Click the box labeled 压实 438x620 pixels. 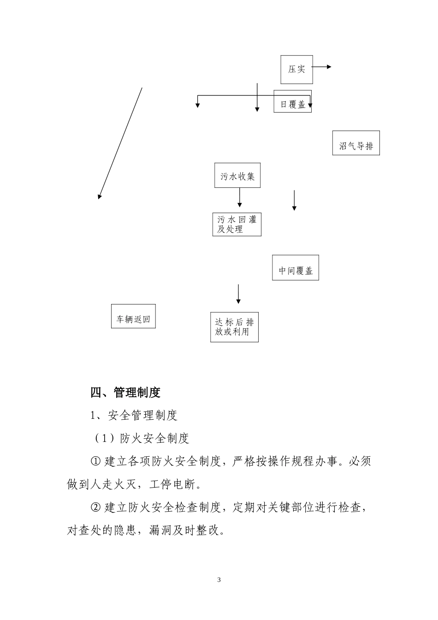(x=297, y=69)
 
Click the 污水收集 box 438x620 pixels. (x=237, y=175)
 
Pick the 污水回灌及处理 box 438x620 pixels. (x=237, y=224)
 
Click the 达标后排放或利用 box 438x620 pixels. (x=234, y=327)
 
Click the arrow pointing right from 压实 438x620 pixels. (x=322, y=67)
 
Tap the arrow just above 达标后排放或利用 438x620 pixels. (x=238, y=294)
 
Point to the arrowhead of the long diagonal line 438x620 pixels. (x=100, y=197)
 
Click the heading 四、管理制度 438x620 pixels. (x=125, y=393)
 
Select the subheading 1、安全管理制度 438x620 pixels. (x=134, y=415)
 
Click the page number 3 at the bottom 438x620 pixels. (x=219, y=580)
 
